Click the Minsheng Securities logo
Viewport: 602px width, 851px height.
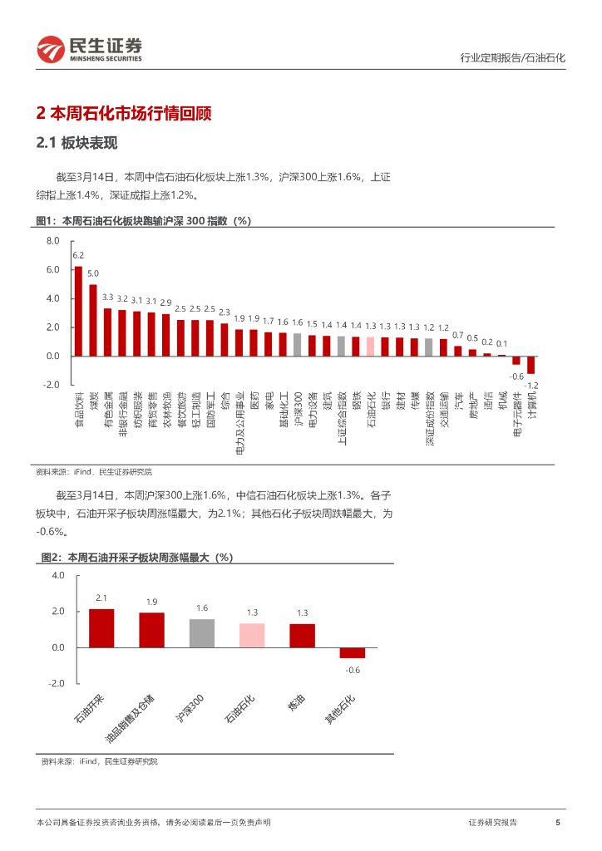tap(89, 50)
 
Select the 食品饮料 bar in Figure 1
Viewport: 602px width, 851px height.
tap(78, 311)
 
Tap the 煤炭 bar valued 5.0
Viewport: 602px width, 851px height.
tap(93, 320)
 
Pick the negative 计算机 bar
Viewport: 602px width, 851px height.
tap(530, 365)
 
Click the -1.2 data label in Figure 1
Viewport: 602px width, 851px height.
tap(531, 386)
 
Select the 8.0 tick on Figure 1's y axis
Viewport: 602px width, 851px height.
tap(53, 241)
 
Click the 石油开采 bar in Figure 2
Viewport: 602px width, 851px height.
tap(101, 628)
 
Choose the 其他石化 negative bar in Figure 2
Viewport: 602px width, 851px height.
tap(353, 652)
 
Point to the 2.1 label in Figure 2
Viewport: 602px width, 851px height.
tap(101, 598)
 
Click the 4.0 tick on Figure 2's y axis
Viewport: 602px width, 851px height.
tap(57, 575)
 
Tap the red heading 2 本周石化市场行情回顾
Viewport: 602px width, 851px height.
tap(124, 112)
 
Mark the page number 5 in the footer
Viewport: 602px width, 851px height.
tap(557, 822)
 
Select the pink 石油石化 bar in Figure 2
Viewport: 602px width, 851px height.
tap(252, 635)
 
